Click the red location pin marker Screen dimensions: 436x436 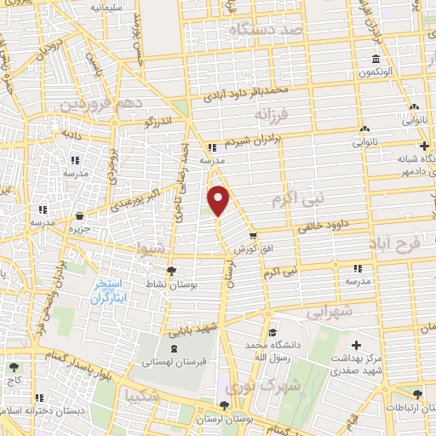(220, 199)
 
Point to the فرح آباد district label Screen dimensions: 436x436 (394, 244)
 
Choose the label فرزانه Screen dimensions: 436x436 (272, 112)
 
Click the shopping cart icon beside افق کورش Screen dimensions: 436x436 (252, 235)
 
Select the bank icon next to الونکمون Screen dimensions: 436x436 (376, 60)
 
